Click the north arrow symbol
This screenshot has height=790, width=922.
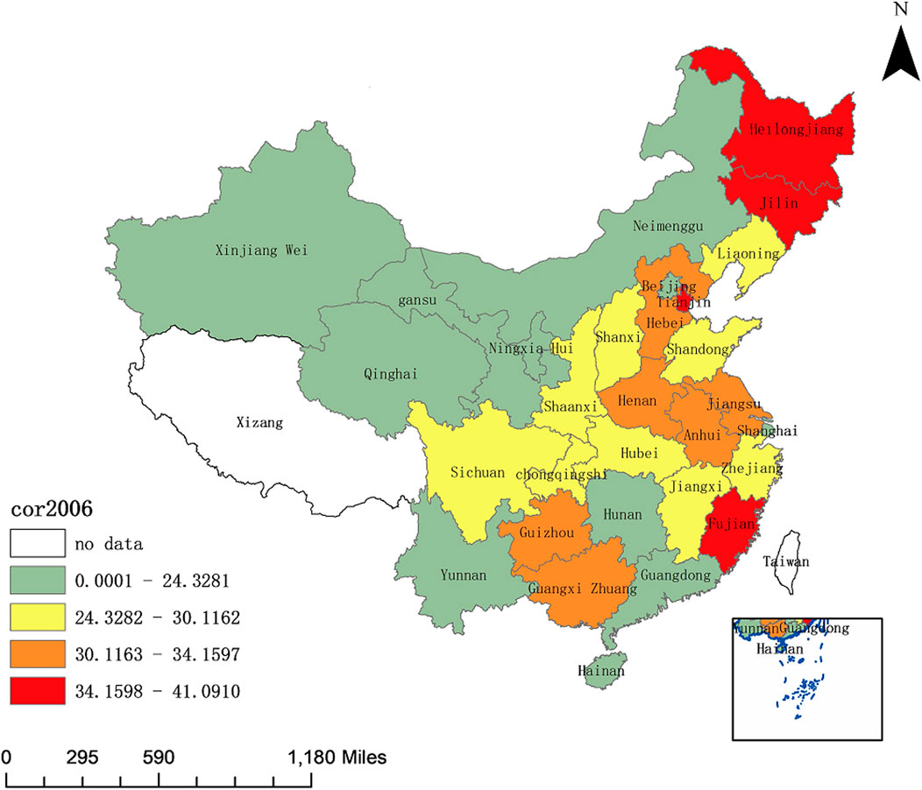tap(899, 58)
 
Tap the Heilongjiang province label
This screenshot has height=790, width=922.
tap(796, 130)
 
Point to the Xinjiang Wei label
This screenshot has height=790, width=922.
tap(261, 250)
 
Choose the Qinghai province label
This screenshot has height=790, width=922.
tap(390, 374)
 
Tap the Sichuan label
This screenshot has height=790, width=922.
tap(478, 473)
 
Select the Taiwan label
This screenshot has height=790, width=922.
tap(786, 562)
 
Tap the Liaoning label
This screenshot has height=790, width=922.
tap(748, 255)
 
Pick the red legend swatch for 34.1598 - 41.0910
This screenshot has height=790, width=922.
tap(38, 692)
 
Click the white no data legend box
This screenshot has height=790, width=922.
tap(38, 544)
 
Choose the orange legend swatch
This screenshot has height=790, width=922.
tap(38, 654)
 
